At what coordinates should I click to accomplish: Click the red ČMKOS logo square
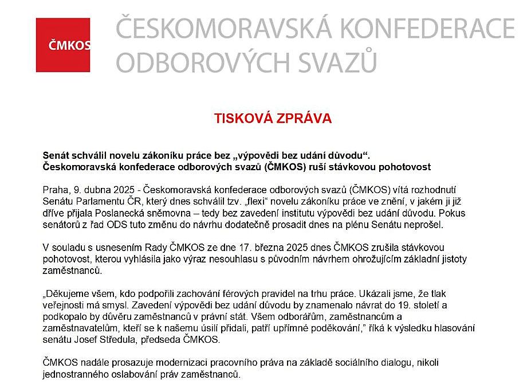tap(63, 45)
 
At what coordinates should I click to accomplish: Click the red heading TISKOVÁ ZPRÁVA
tap(273, 119)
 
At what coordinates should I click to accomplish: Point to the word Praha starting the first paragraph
tap(54, 190)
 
